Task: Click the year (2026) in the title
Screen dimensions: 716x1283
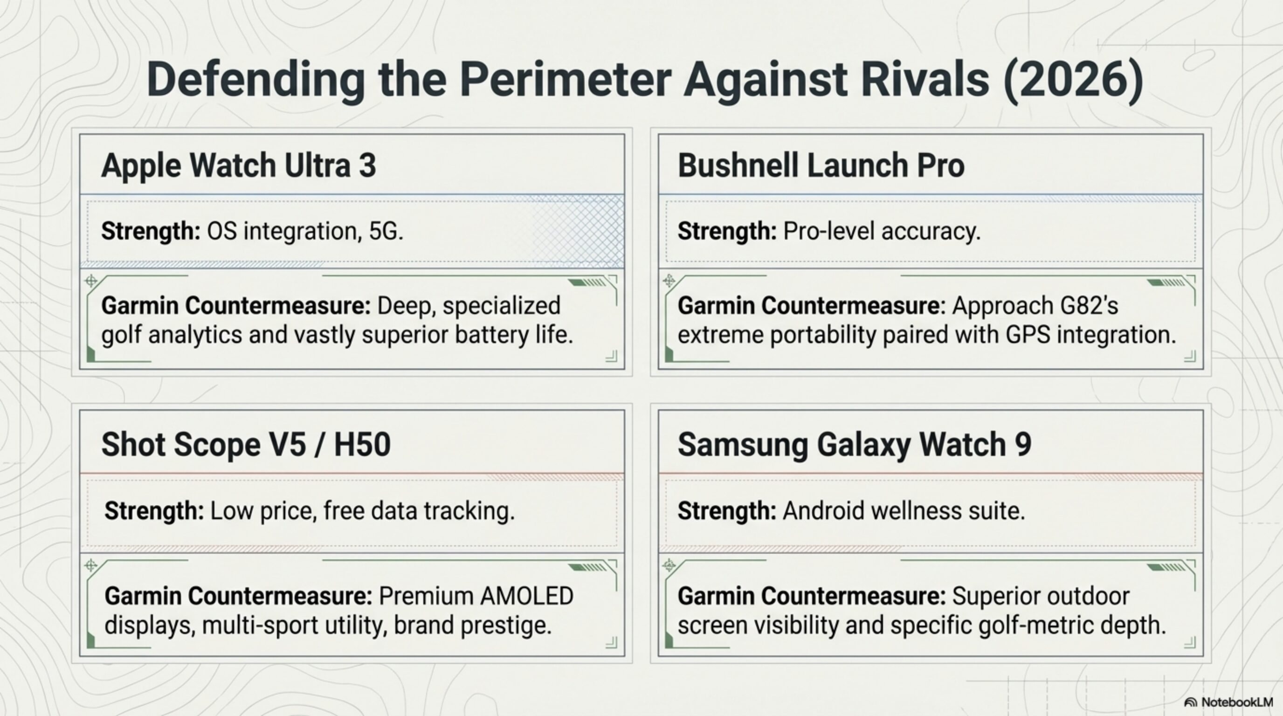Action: pyautogui.click(x=1073, y=80)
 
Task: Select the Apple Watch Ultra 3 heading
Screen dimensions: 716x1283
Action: pyautogui.click(x=239, y=165)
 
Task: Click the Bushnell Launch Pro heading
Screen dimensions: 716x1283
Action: pyautogui.click(x=821, y=165)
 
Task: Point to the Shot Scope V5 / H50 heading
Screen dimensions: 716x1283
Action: pyautogui.click(x=246, y=444)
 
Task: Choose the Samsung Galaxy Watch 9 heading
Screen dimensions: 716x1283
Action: pyautogui.click(x=854, y=444)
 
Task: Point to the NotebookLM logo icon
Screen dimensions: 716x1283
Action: pyautogui.click(x=1190, y=702)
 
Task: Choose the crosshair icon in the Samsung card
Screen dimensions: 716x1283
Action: pyautogui.click(x=669, y=565)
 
